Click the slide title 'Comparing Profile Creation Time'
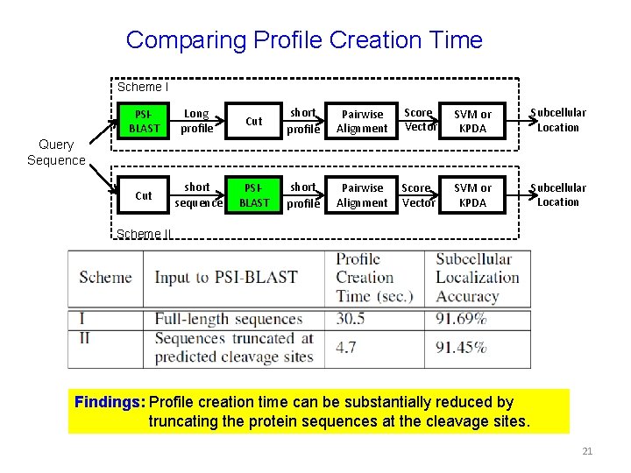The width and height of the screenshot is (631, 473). pyautogui.click(x=304, y=40)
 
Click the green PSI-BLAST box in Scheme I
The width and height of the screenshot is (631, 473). pyautogui.click(x=145, y=121)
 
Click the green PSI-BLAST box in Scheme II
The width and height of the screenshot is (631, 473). pyautogui.click(x=254, y=194)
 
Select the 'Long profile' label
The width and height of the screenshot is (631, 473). pyautogui.click(x=196, y=121)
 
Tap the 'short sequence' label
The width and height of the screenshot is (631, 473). pyautogui.click(x=198, y=194)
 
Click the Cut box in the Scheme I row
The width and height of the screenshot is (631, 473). pyautogui.click(x=254, y=121)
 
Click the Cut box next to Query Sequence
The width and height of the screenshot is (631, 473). pyautogui.click(x=145, y=195)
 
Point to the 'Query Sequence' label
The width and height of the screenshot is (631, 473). pyautogui.click(x=56, y=153)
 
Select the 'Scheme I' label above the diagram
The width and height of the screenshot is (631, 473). pyautogui.click(x=143, y=87)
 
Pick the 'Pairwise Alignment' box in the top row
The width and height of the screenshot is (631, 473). pyautogui.click(x=362, y=121)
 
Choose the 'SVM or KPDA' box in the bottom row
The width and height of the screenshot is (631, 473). pyautogui.click(x=472, y=194)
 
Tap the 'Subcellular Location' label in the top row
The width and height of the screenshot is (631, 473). pyautogui.click(x=558, y=120)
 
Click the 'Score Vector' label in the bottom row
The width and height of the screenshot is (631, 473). pyautogui.click(x=418, y=194)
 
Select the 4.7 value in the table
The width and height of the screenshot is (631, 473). pyautogui.click(x=346, y=348)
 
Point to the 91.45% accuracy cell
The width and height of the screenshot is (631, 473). pyautogui.click(x=460, y=348)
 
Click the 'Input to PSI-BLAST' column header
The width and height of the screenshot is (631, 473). pyautogui.click(x=226, y=278)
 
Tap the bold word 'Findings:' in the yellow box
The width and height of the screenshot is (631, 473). pyautogui.click(x=110, y=403)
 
